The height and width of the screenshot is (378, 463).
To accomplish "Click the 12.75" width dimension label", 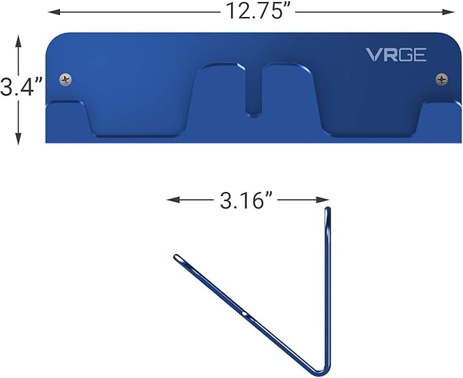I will click(250, 11).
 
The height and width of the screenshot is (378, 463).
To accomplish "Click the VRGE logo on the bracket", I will click(396, 55).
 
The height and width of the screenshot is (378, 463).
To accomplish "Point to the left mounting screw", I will click(65, 80).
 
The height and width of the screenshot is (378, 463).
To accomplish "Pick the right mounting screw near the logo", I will click(442, 80).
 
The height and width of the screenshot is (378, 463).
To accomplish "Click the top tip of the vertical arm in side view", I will click(328, 210).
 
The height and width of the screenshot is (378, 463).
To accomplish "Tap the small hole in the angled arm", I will click(244, 314).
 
